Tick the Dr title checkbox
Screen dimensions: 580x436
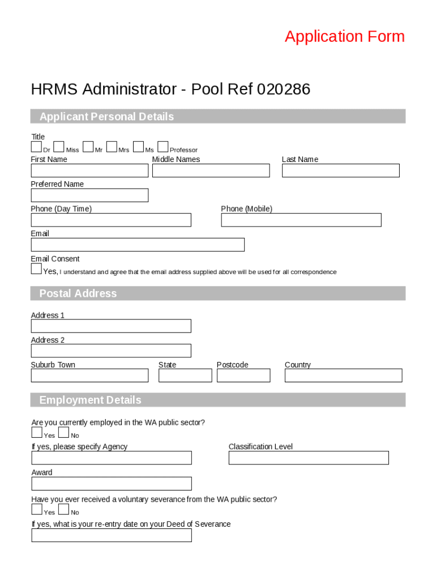(x=36, y=147)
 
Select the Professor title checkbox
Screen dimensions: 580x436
(x=163, y=147)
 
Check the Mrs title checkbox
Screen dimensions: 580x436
(x=112, y=147)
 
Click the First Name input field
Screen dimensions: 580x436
(x=89, y=170)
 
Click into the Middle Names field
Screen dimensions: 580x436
(x=211, y=170)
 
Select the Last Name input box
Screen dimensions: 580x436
(x=340, y=170)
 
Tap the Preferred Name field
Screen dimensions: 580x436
(x=89, y=195)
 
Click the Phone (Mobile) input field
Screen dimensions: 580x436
(x=301, y=220)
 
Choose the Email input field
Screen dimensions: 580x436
(x=138, y=245)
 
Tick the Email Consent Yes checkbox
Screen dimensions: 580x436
(x=36, y=269)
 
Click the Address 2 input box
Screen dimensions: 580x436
(x=111, y=351)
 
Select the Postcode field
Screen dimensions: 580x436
(x=243, y=376)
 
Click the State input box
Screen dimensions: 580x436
(x=185, y=376)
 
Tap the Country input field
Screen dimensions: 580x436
(x=343, y=376)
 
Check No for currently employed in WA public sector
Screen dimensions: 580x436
(x=63, y=433)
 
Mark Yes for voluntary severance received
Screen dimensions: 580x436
(x=37, y=510)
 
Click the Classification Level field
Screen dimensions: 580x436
(x=309, y=458)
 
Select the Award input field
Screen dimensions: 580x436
(x=112, y=484)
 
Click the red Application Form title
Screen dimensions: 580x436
(x=344, y=36)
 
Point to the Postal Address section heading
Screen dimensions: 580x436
(x=78, y=293)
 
